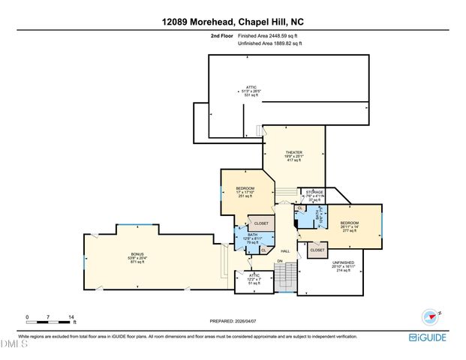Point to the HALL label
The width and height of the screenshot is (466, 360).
285,250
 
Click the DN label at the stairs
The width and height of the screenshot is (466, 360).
278,261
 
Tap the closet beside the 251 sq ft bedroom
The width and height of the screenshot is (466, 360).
261,223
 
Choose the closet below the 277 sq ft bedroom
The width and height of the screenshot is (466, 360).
317,250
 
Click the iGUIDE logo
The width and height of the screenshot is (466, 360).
428,337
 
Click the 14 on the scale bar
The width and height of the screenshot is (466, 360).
72,317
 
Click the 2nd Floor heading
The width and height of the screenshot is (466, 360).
222,35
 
